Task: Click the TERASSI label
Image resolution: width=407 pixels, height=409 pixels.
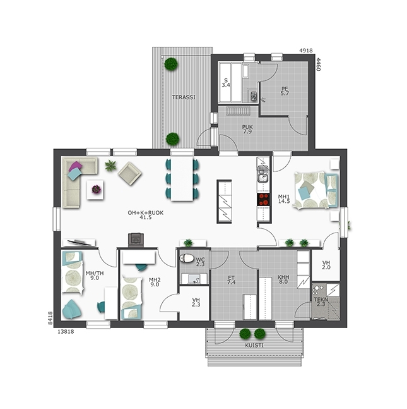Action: click(x=184, y=97)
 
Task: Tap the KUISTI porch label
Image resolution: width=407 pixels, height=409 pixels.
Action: click(x=254, y=345)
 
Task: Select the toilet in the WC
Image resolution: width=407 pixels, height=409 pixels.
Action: click(x=187, y=259)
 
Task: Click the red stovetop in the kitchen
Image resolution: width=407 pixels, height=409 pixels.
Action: click(x=263, y=200)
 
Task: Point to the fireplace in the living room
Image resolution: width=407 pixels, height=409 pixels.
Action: click(x=136, y=240)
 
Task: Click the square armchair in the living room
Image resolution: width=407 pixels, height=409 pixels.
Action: click(x=130, y=173)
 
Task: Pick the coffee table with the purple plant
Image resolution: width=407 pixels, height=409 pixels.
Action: click(x=95, y=190)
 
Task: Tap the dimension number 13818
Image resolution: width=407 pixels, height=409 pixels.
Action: click(x=66, y=331)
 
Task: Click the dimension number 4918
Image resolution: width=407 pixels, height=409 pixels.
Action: click(x=305, y=51)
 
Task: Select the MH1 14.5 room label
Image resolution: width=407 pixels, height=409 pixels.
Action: click(x=284, y=198)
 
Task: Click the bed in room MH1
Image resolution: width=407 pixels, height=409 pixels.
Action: click(x=316, y=190)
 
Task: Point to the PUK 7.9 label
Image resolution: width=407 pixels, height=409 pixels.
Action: click(x=247, y=130)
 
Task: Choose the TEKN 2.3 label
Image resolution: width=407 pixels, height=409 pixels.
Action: click(x=321, y=302)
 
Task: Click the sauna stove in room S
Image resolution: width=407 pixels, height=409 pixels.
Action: click(x=253, y=96)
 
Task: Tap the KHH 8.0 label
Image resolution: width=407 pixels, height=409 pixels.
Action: click(x=283, y=279)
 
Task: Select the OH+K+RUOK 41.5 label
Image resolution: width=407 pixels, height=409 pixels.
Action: click(x=146, y=215)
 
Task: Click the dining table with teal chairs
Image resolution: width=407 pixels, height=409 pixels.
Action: click(x=182, y=179)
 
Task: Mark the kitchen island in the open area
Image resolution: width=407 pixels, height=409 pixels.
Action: click(x=224, y=202)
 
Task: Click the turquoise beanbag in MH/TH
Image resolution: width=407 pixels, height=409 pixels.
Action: click(x=71, y=309)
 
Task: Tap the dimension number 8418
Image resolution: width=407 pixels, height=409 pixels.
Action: click(x=50, y=318)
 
